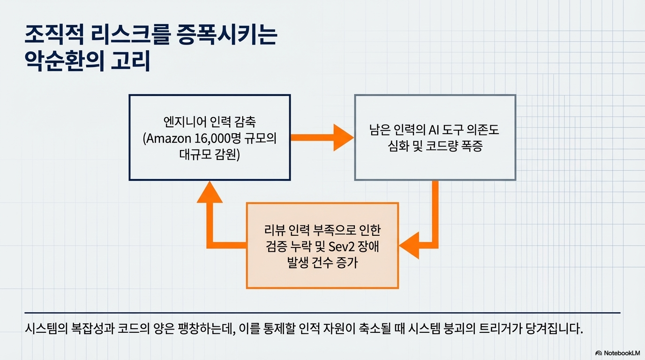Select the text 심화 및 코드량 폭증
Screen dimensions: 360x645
[x=435, y=146]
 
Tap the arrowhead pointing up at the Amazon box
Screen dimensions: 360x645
[x=209, y=193]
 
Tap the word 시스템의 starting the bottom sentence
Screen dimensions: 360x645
[x=43, y=328]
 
